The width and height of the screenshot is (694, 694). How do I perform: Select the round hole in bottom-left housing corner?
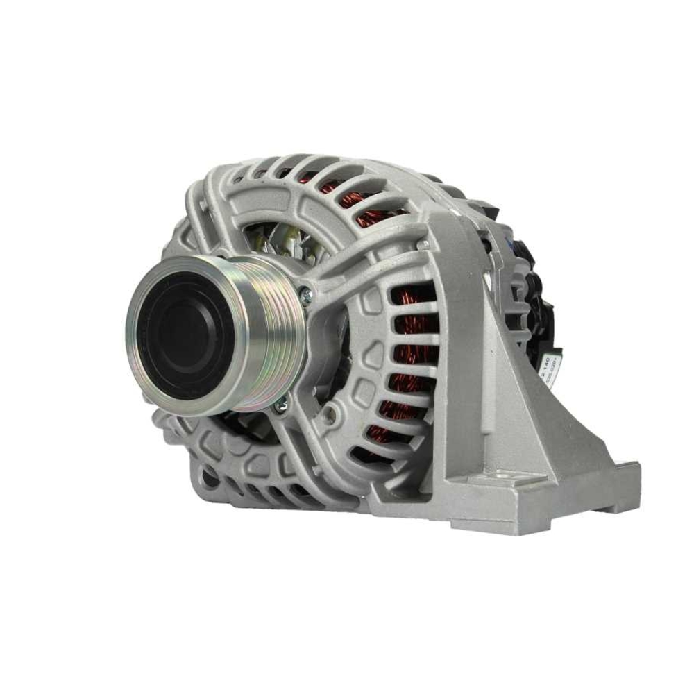point(209,478)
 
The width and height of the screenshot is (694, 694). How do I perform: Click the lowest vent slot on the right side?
point(368,455)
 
